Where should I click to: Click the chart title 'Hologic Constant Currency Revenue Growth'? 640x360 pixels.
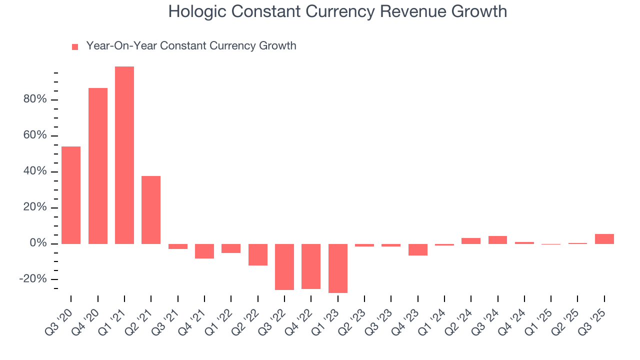pos(337,11)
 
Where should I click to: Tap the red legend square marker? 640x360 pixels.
pos(75,47)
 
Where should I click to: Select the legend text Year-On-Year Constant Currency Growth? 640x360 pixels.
pos(191,46)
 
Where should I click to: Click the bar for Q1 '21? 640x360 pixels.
pos(124,155)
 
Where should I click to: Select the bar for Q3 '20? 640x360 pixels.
pos(71,195)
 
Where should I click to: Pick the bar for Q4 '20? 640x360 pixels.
pos(98,166)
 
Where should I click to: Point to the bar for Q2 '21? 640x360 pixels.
pos(151,210)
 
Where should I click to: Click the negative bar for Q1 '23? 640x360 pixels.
pos(338,268)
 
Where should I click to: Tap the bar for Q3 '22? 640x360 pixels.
pos(284,267)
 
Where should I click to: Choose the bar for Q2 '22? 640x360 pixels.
pos(258,254)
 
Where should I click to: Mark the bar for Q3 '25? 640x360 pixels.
pos(604,239)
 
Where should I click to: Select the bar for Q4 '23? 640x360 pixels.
pos(418,249)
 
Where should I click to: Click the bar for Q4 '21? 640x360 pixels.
pos(204,251)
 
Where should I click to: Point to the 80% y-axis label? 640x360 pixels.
pos(34,99)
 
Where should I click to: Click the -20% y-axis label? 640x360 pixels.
pos(32,279)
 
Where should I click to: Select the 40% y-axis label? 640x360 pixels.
pos(34,171)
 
